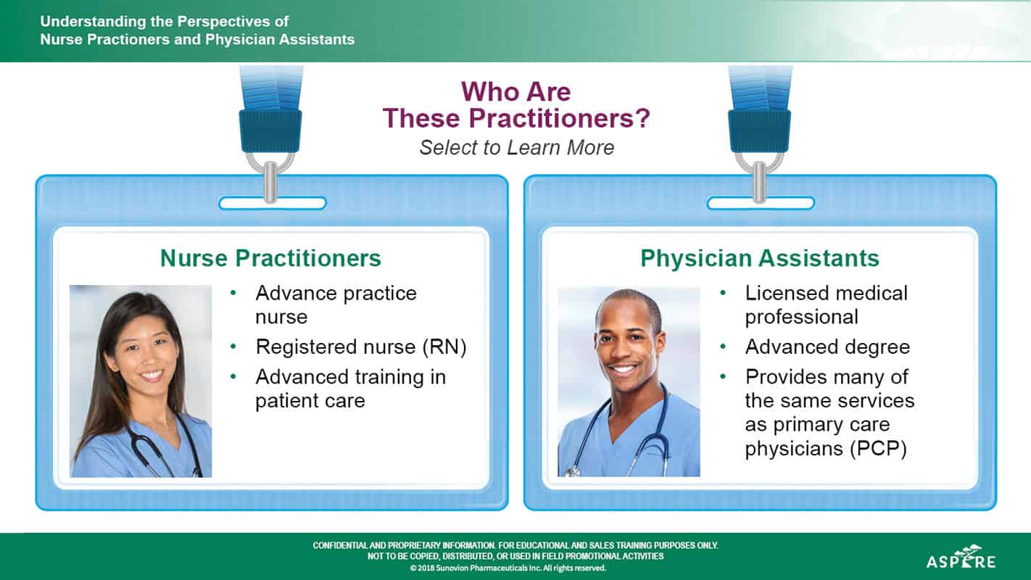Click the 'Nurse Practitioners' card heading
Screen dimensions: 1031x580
point(270,258)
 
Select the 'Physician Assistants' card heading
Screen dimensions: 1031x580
point(760,258)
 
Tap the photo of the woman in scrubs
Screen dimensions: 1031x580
point(141,381)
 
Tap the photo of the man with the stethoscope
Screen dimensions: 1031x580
point(629,381)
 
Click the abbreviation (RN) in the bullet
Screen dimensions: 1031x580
point(444,347)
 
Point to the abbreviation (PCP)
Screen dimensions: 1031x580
point(878,448)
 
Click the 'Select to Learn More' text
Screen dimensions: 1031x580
point(516,148)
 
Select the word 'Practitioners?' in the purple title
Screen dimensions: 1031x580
point(559,118)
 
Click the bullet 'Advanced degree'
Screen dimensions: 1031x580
point(827,347)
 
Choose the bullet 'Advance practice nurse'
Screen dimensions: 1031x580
point(336,304)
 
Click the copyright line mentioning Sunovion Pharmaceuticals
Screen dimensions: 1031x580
point(508,568)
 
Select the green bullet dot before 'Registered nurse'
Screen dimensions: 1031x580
point(233,347)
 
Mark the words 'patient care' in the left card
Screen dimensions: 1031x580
point(310,401)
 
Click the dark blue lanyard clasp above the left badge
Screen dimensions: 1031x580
point(270,131)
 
